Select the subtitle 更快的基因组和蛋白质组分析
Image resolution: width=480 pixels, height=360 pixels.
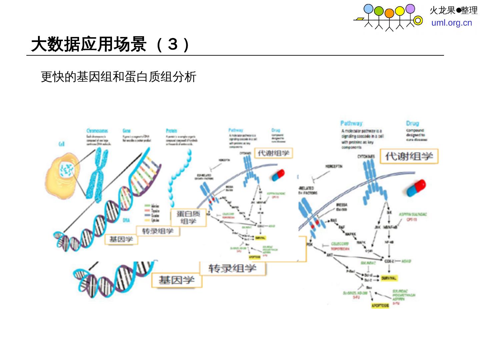point(119,77)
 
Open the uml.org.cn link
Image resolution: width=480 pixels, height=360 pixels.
point(452,23)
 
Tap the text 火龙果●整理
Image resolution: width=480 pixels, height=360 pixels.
point(453,11)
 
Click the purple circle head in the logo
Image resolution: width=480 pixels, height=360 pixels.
point(410,9)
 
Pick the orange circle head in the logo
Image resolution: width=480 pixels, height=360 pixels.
point(389,13)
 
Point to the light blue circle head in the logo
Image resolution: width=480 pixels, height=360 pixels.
point(368,9)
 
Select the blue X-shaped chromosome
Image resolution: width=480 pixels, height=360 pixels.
point(98,175)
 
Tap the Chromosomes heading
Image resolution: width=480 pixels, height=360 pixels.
point(97,131)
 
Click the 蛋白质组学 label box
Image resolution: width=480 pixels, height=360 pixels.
point(188,218)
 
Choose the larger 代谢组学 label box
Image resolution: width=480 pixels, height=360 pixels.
point(409,156)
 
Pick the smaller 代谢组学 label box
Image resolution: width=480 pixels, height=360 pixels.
point(274,153)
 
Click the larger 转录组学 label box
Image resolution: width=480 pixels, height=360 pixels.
point(232,268)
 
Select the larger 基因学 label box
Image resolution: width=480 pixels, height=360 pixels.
point(176,280)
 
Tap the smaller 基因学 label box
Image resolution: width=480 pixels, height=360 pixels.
point(121,239)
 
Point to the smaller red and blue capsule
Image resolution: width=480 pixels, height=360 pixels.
point(278,175)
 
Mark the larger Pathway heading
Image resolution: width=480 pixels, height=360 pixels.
point(351,123)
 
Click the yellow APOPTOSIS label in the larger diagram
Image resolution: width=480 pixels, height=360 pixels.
point(380,305)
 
